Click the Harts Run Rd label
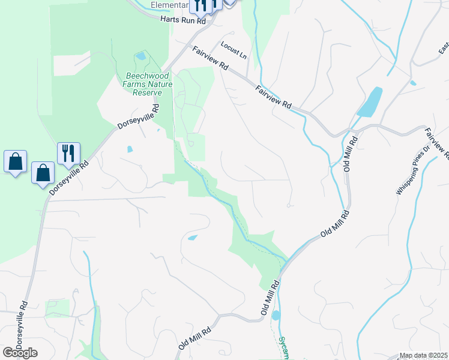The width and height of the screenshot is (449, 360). [183, 20]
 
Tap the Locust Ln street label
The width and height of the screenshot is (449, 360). [234, 49]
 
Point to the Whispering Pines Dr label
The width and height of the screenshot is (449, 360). [413, 171]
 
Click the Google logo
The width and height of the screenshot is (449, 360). [20, 353]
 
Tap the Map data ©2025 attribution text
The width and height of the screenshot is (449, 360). [423, 355]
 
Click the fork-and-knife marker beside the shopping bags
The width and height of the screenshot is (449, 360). [68, 154]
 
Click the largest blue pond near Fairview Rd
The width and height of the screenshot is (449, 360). [370, 103]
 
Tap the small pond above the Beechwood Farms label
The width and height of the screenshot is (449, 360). [140, 56]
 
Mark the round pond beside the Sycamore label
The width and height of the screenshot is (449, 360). [276, 315]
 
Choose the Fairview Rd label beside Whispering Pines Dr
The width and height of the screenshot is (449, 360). [436, 146]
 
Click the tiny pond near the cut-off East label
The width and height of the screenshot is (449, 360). [413, 82]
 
